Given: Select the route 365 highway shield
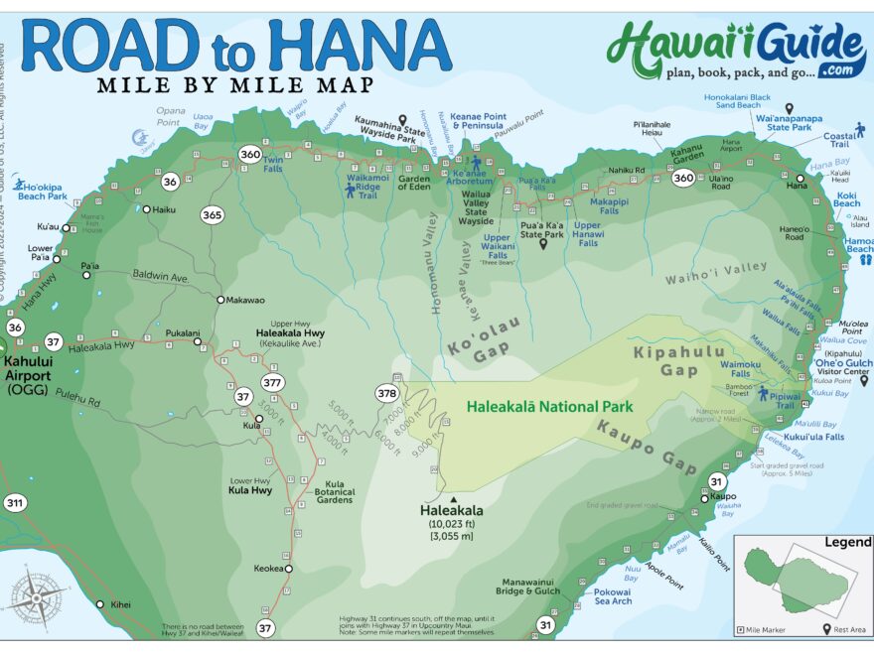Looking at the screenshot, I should coord(212,214).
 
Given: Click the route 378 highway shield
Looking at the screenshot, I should coord(387,393).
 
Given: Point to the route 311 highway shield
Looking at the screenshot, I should coord(15,503).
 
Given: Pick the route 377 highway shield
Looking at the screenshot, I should coord(273,382).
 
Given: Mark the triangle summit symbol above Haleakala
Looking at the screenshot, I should coord(453,500).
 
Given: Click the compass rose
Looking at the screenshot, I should coord(37,596).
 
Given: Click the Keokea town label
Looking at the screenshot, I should coord(267,569).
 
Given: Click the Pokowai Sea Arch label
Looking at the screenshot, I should coord(613,595).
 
